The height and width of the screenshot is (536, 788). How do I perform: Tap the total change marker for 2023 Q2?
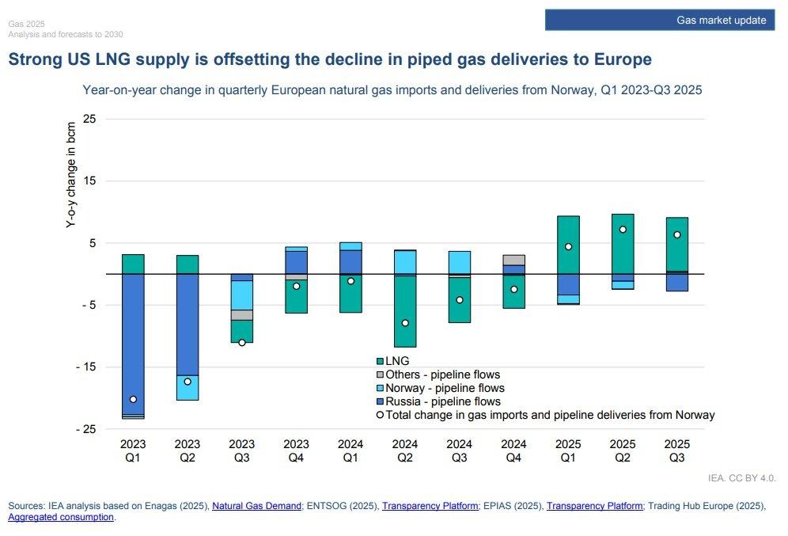click(x=188, y=382)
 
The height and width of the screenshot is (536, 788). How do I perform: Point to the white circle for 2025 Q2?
click(x=623, y=230)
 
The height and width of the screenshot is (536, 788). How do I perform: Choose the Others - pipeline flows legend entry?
click(x=442, y=374)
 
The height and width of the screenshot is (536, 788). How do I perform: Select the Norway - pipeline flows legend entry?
click(x=445, y=388)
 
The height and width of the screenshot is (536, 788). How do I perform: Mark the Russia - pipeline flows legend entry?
click(x=443, y=401)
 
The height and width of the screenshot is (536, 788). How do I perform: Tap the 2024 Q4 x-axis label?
click(x=513, y=450)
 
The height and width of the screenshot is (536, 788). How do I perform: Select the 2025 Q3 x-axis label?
click(x=676, y=450)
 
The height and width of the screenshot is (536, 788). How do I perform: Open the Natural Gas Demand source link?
click(x=257, y=505)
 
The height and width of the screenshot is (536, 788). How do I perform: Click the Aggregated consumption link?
click(x=61, y=517)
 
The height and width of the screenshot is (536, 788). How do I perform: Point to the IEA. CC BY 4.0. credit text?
click(x=743, y=478)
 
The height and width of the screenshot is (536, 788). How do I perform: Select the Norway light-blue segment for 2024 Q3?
click(x=459, y=262)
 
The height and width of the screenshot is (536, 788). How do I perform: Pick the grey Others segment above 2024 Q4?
click(x=513, y=260)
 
